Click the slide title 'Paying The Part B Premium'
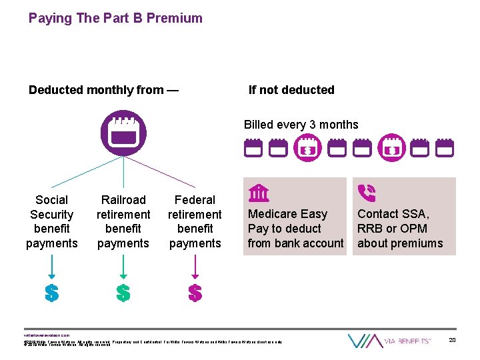115,18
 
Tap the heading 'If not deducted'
291,90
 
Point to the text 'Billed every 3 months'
301,125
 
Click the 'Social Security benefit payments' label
52,221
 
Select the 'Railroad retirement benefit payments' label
123,221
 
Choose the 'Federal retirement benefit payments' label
195,221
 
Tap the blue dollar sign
51,293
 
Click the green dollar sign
123,293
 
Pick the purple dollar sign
195,293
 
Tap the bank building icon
259,193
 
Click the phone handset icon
366,193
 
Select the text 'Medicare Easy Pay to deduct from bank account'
295,229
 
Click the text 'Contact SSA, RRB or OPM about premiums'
400,229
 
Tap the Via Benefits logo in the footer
390,341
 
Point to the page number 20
452,341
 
